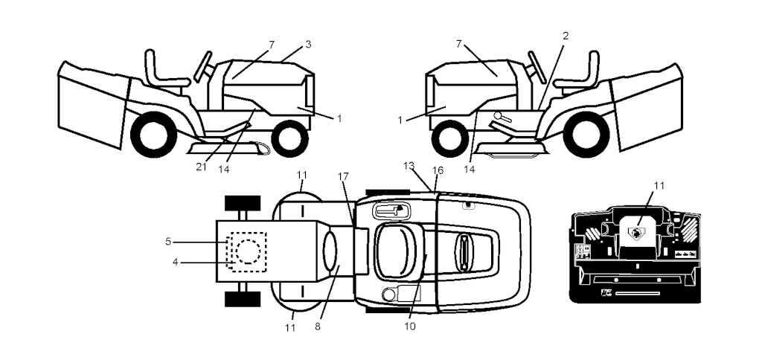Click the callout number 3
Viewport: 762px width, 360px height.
tap(308, 45)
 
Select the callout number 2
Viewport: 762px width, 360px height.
tap(566, 36)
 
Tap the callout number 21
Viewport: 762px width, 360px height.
tap(201, 167)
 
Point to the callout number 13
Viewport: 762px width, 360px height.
tap(409, 166)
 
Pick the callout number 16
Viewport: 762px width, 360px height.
tap(438, 170)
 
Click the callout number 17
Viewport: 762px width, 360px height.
tap(343, 176)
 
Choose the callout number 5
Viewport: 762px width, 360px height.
tap(168, 242)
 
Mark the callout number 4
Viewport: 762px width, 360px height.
tap(176, 263)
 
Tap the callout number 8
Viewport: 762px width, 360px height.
tap(317, 327)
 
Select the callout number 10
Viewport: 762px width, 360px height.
tap(410, 327)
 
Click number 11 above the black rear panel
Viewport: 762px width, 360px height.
tap(659, 186)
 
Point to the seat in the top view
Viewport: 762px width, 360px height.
tap(397, 252)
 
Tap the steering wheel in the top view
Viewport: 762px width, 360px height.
tap(464, 253)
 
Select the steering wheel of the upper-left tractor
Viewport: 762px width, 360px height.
tap(203, 66)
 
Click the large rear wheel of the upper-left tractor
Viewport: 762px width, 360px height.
tap(153, 135)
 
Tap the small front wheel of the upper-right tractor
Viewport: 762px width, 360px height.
tap(450, 139)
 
